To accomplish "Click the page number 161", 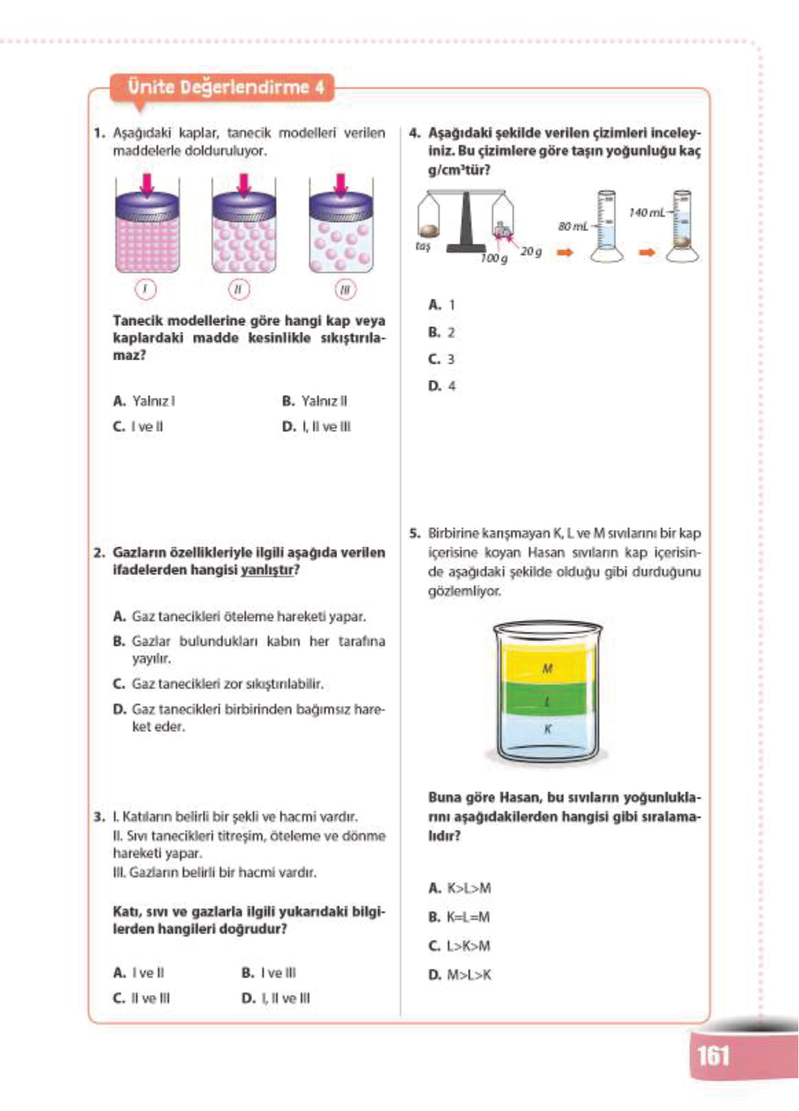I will [713, 1055].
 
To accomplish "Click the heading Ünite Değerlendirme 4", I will [226, 88].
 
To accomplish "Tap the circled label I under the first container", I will [145, 289].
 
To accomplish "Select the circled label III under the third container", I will [345, 289].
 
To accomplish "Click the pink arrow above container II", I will [243, 184].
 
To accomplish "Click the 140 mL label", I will [646, 213].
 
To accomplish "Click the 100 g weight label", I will [493, 258].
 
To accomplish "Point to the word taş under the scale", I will [423, 245].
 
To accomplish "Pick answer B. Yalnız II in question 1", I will [315, 401].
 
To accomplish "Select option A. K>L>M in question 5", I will [460, 888].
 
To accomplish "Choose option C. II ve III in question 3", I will [142, 998].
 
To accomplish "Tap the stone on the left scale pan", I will [430, 230].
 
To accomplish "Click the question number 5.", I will [414, 533].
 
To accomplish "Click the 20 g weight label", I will [530, 252].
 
